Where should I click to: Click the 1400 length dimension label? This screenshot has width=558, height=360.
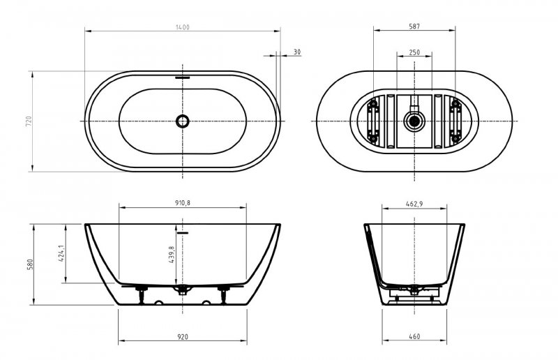183,27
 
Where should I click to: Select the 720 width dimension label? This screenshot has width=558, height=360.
29,121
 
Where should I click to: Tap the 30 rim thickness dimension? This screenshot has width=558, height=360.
297,52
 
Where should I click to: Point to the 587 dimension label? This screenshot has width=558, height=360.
415,27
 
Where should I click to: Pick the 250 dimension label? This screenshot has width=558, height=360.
414,52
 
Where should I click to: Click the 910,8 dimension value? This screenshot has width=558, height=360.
183,203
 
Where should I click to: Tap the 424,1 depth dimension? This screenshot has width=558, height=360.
62,253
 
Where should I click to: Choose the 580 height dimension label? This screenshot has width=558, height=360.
29,265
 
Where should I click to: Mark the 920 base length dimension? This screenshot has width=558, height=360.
183,336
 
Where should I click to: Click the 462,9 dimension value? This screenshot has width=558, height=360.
414,204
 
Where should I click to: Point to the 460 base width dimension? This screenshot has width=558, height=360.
414,336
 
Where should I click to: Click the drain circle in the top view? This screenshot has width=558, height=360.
183,121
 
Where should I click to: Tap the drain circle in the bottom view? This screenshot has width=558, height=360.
414,122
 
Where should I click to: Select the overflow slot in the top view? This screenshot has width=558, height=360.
183,77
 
